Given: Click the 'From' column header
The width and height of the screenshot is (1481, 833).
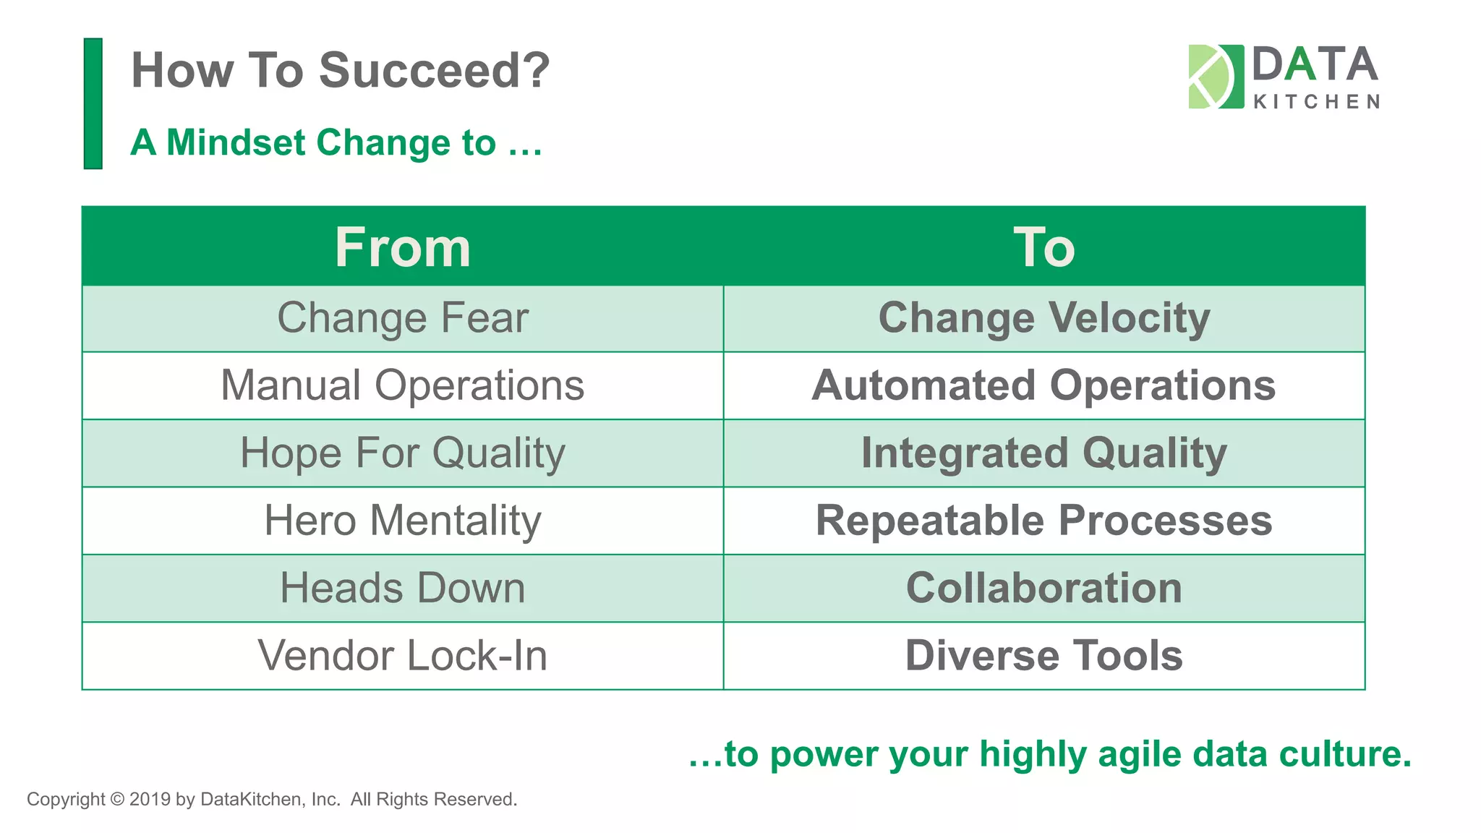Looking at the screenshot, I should pos(403,247).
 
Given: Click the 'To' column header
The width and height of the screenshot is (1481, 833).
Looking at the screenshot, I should pos(1043,247).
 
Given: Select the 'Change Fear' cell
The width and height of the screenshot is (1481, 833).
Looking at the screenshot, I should pos(403,318).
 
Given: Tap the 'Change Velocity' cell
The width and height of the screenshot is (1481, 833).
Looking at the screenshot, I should pos(1043,318).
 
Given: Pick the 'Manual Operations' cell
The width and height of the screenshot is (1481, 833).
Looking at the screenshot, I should pos(403,385).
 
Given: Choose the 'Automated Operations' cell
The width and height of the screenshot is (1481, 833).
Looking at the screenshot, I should pos(1043,385).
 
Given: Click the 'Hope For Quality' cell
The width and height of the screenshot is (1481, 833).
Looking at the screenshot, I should pos(403,453).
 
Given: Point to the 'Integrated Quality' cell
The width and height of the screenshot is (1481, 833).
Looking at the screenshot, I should pos(1043,453).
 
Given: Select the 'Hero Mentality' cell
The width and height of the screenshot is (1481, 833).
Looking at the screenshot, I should pos(403,521).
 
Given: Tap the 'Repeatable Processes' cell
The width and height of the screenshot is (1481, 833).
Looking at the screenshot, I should pos(1043,521).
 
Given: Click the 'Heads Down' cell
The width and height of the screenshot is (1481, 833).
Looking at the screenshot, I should pos(403,588).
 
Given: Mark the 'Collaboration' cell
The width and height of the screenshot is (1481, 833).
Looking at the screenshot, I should pos(1043,588).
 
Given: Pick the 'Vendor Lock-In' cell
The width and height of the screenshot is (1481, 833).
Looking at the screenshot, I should pos(403,656).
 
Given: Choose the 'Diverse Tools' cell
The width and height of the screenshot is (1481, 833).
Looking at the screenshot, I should pos(1043,656).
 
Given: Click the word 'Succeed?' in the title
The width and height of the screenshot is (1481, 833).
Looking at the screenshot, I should pos(434,71).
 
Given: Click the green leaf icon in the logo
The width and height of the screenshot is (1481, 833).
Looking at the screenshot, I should pos(1215,77).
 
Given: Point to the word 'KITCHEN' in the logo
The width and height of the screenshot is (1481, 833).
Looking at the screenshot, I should pos(1316,102).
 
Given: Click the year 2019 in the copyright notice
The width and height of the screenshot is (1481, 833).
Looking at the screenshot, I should pos(150,800).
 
